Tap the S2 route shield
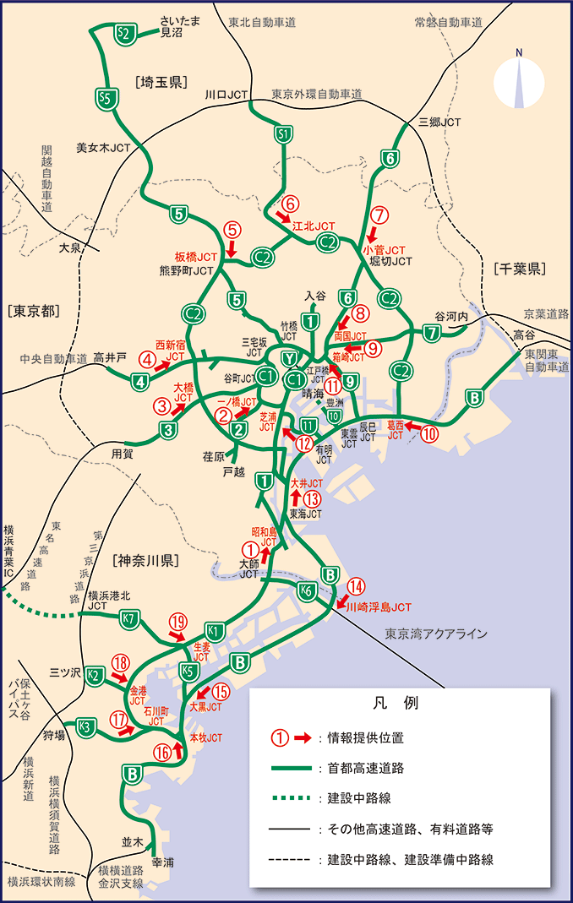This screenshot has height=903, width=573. tap(124, 34)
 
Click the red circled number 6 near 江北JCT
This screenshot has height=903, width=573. tap(290, 204)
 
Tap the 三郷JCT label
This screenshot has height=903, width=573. tap(440, 122)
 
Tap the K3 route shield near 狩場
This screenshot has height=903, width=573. tap(85, 726)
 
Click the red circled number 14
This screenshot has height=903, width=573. tap(356, 585)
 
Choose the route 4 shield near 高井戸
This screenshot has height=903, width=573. tap(140, 381)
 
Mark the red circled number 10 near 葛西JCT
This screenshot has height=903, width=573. tap(430, 435)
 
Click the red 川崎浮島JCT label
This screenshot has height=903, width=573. tap(379, 607)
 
